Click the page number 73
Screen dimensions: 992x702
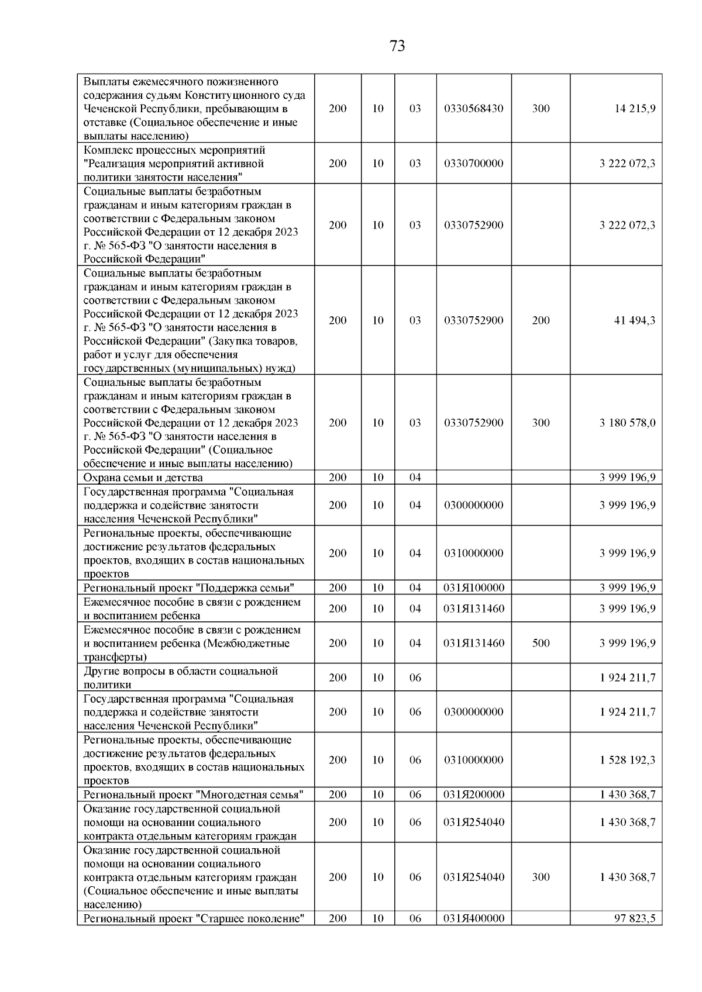397,46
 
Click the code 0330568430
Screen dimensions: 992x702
473,109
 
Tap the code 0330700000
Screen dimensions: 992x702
473,164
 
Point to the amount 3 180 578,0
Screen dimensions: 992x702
627,423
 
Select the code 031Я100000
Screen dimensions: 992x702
473,587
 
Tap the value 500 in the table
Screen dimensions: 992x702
541,643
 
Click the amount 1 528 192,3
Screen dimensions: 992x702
627,760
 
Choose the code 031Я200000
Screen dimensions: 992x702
473,794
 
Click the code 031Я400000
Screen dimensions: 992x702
473,918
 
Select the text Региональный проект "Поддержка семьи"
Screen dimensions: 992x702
188,587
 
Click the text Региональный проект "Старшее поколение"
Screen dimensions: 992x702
194,918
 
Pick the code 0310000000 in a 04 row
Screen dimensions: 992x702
473,553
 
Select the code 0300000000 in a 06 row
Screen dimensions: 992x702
473,712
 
